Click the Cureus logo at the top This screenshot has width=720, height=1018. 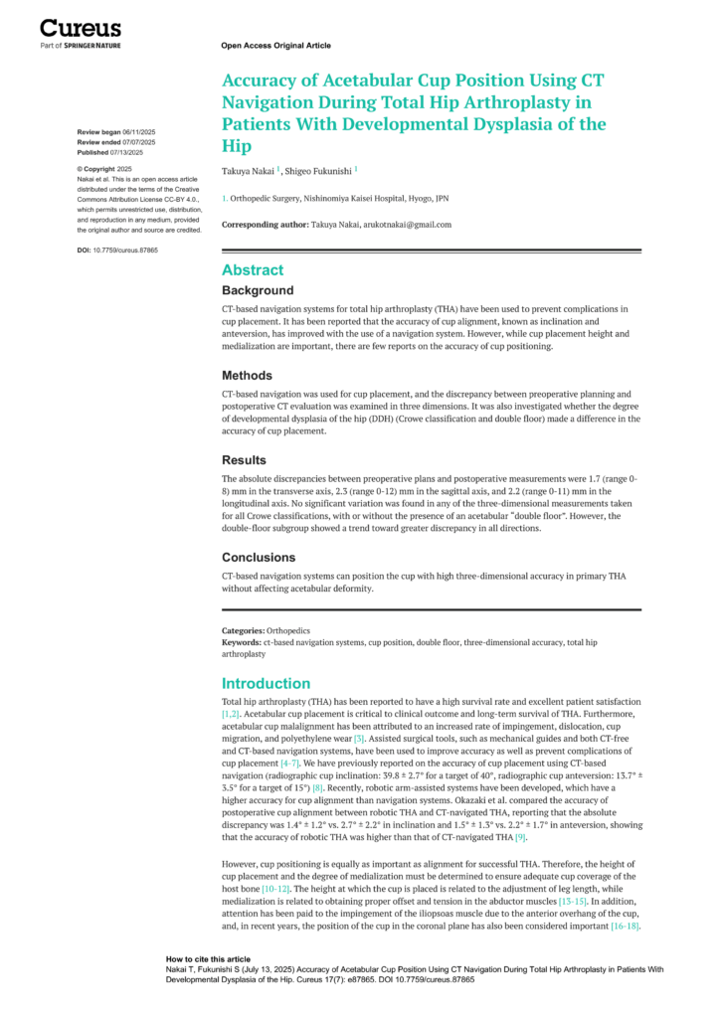tap(81, 30)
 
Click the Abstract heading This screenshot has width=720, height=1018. tap(253, 270)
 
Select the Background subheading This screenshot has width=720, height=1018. tap(258, 290)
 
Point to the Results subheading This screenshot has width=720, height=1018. tap(244, 460)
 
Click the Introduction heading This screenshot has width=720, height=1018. tap(267, 684)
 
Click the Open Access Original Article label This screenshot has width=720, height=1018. tap(275, 46)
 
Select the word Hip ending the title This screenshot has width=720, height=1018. tap(237, 146)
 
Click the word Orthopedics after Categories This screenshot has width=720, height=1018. tap(288, 631)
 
